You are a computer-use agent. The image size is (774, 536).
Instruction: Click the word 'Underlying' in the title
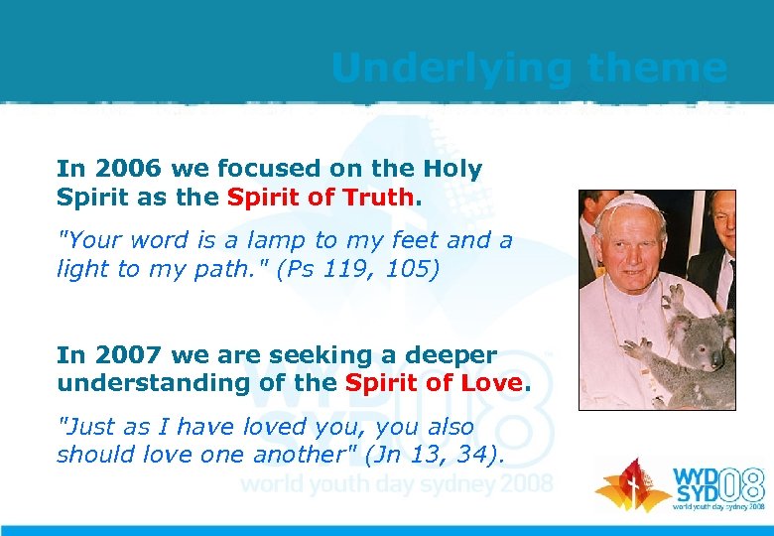(451, 67)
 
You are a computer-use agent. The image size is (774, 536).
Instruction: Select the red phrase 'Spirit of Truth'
(319, 197)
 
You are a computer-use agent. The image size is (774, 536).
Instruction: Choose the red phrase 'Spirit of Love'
(433, 382)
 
